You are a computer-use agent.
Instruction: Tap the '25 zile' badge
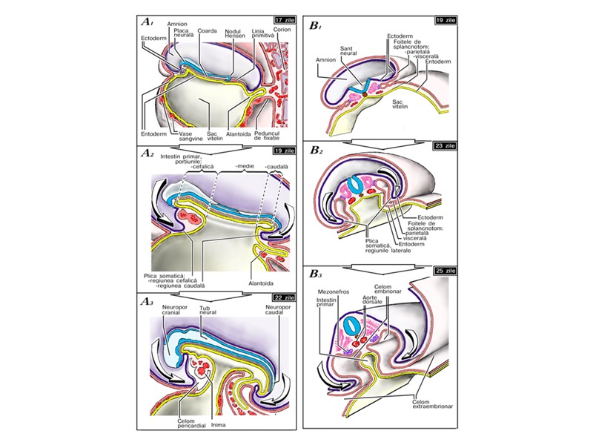pyautogui.click(x=436, y=271)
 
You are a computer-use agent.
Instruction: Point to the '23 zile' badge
pyautogui.click(x=436, y=146)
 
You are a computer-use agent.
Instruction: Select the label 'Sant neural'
pyautogui.click(x=349, y=53)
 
